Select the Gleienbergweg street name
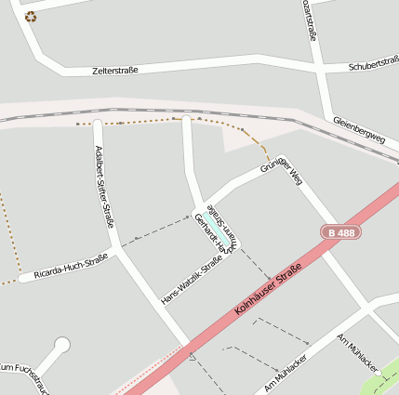coord(358,130)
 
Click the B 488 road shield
coord(341,232)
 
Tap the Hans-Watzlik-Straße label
coord(192,281)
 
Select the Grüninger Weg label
coord(282,170)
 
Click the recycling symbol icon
coord(31,16)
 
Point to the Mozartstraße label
coord(310,20)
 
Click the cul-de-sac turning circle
coord(62,346)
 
